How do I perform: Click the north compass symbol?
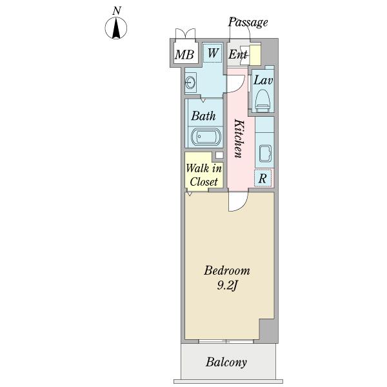116,28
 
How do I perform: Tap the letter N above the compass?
117,10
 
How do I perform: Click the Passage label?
248,23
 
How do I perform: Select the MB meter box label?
184,55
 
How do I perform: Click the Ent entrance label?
238,55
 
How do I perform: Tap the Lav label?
262,81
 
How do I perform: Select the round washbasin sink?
191,82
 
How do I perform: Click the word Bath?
203,117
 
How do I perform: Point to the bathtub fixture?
205,138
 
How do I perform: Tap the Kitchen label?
237,138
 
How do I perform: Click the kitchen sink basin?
264,154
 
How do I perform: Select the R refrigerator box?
263,178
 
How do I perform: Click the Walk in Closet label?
204,175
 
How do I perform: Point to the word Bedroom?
227,271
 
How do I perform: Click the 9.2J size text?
227,286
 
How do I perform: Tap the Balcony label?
226,362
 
